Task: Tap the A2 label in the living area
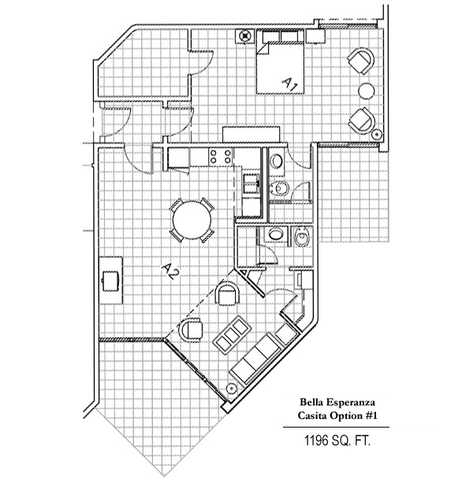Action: [169, 271]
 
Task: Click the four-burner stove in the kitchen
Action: [220, 158]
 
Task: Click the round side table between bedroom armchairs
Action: [367, 88]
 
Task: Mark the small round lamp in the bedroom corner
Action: [378, 136]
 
